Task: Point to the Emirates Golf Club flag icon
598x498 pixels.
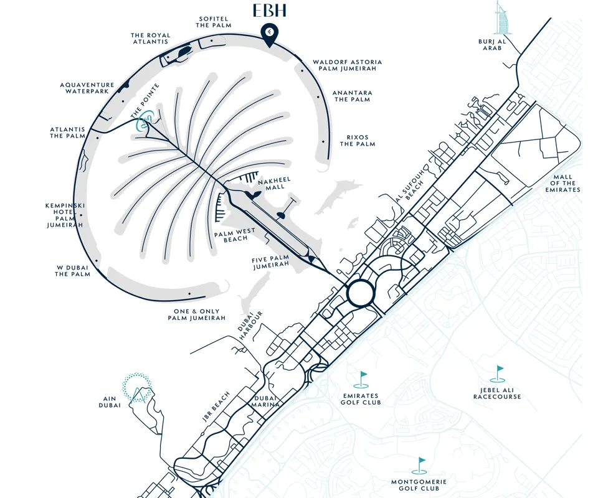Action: click(363, 379)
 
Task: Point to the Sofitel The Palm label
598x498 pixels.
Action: click(214, 22)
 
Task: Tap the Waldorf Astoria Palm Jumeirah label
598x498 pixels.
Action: click(347, 66)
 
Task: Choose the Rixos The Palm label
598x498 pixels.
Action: click(358, 141)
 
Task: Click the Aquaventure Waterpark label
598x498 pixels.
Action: click(87, 88)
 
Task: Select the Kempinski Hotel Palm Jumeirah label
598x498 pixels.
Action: click(65, 215)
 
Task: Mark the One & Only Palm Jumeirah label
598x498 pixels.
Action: click(196, 314)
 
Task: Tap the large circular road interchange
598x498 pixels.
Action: click(363, 293)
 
